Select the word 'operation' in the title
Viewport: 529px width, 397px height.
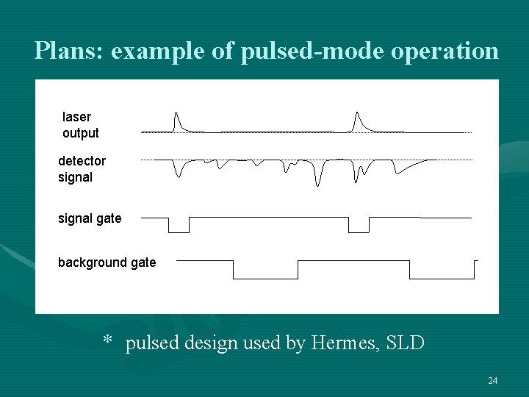pyautogui.click(x=447, y=51)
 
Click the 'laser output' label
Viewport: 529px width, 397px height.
pyautogui.click(x=80, y=125)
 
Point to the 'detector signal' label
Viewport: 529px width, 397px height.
pyautogui.click(x=82, y=169)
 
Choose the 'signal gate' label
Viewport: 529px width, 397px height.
pyautogui.click(x=90, y=218)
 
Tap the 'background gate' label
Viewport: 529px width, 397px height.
pyautogui.click(x=107, y=262)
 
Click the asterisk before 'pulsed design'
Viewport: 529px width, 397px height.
pyautogui.click(x=107, y=341)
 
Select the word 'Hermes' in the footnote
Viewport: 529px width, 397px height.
pyautogui.click(x=343, y=343)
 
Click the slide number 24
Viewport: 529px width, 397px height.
pyautogui.click(x=492, y=380)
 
